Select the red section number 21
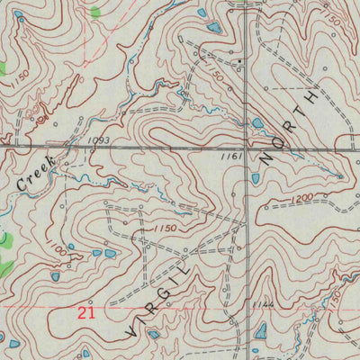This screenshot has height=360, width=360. (x=85, y=312)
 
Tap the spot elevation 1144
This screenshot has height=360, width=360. (x=238, y=304)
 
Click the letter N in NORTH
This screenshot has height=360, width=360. (x=267, y=158)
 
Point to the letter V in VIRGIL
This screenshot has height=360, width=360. (x=132, y=329)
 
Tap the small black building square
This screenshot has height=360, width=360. (x=240, y=61)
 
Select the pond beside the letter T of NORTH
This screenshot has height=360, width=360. (x=257, y=122)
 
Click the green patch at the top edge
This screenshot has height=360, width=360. (x=95, y=13)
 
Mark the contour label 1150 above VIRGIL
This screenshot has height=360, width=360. (x=162, y=229)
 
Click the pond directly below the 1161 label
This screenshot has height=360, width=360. (x=256, y=177)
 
